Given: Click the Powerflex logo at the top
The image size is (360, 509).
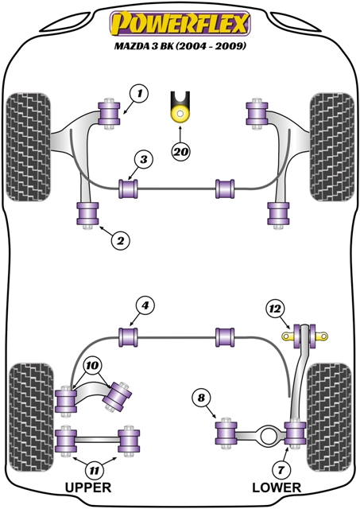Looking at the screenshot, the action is [x=180, y=24].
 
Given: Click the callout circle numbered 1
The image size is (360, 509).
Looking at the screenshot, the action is [x=139, y=94].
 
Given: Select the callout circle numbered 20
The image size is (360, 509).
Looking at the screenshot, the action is [x=181, y=151].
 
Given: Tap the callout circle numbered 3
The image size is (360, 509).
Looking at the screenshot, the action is [x=143, y=159].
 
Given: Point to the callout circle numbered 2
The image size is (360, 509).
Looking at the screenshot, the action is [x=120, y=240].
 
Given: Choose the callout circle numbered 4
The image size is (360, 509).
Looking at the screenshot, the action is [x=145, y=305].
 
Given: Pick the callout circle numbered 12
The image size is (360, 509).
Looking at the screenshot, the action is [x=275, y=309].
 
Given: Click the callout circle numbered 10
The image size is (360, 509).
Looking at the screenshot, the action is [x=92, y=366].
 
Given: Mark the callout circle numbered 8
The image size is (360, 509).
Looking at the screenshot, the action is [x=201, y=398].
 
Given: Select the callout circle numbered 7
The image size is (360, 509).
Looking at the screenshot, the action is [x=281, y=470].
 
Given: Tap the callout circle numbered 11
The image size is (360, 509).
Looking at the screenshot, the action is [x=94, y=470].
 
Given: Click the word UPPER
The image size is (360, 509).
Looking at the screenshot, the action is [x=88, y=488].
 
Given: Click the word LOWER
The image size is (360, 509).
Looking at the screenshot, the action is [x=277, y=488].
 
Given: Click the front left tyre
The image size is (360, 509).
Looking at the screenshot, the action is [x=29, y=147].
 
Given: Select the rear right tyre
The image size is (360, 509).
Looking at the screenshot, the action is [x=329, y=418].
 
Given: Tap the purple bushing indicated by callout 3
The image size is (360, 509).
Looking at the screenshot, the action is [x=129, y=188].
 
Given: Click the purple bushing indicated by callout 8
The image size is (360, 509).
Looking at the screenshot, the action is [x=226, y=433].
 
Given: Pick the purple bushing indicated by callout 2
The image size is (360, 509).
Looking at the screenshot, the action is [x=87, y=213].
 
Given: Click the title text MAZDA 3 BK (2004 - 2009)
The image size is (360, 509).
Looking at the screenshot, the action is [x=180, y=46].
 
